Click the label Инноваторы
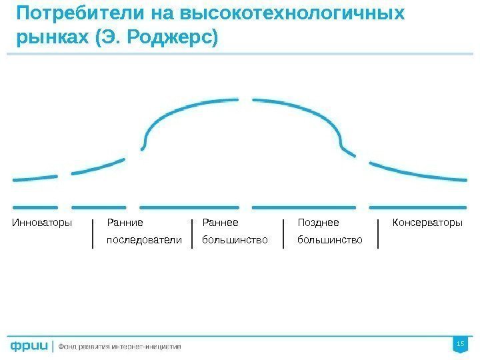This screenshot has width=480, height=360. click(42, 223)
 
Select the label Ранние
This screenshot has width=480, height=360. click(125, 223)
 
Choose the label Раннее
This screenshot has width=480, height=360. click(220, 223)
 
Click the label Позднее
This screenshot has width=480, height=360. click(318, 223)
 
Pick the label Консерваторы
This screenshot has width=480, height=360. click(427, 223)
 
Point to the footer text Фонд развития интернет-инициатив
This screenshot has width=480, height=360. click(120, 347)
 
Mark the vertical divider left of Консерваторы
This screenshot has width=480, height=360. click(378, 233)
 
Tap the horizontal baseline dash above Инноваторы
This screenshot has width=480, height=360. click(35, 206)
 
